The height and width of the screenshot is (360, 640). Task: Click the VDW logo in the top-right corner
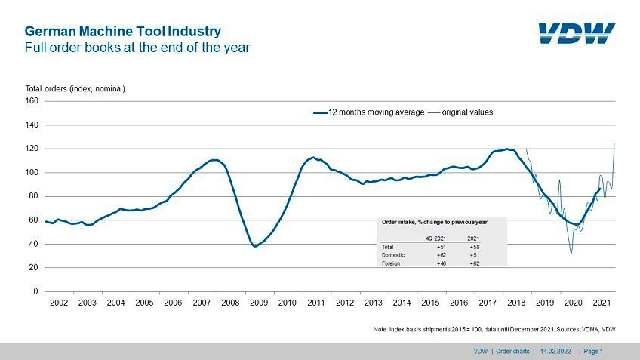click(x=577, y=33)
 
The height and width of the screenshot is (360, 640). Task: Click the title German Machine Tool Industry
click(x=123, y=32)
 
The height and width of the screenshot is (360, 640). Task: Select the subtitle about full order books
click(x=137, y=48)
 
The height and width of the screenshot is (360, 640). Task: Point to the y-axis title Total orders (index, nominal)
click(x=75, y=88)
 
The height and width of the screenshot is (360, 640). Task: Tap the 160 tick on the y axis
click(x=32, y=100)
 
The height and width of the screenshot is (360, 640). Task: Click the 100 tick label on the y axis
click(x=32, y=172)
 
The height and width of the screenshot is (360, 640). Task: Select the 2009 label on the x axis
click(x=259, y=303)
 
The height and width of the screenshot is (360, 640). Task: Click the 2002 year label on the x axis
click(x=59, y=303)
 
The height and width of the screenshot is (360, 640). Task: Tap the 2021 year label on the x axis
click(x=602, y=303)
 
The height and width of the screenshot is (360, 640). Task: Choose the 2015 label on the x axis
click(x=430, y=303)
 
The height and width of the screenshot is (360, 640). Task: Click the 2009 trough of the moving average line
click(x=255, y=246)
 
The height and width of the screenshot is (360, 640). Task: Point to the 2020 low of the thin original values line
click(x=571, y=252)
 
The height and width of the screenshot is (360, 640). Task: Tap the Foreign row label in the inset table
click(x=390, y=263)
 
